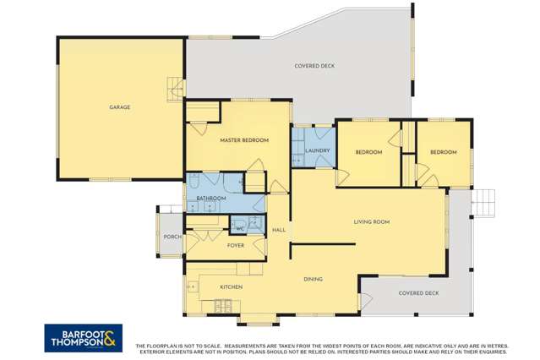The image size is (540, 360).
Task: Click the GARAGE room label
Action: pyautogui.click(x=119, y=107)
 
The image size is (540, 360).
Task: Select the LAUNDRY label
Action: pyautogui.click(x=318, y=151)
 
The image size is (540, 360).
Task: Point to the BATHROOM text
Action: pyautogui.click(x=211, y=199)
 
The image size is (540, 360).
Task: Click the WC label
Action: pyautogui.click(x=239, y=228)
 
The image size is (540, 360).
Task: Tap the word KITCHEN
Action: pyautogui.click(x=232, y=287)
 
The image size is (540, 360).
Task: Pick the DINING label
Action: pyautogui.click(x=314, y=279)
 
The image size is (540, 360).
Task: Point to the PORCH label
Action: pyautogui.click(x=172, y=237)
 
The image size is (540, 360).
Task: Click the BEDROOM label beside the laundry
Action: pyautogui.click(x=368, y=152)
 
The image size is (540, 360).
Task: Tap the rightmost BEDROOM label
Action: pyautogui.click(x=443, y=152)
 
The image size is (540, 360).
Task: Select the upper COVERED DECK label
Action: pyautogui.click(x=314, y=66)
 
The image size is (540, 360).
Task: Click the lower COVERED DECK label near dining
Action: pyautogui.click(x=419, y=293)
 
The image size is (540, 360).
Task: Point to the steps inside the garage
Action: pyautogui.click(x=177, y=86)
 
